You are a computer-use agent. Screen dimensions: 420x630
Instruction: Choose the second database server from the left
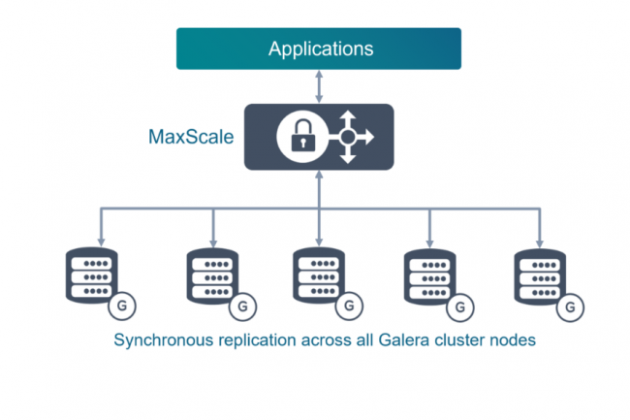click(211, 278)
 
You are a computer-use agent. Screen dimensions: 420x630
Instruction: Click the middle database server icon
click(318, 278)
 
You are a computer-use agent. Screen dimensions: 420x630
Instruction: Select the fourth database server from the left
click(429, 278)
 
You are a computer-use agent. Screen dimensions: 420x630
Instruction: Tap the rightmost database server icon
click(540, 278)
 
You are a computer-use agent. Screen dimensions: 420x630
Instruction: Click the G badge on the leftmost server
click(122, 307)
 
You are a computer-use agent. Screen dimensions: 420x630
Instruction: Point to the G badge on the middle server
click(349, 307)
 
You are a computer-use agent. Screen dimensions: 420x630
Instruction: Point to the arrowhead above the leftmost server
click(100, 240)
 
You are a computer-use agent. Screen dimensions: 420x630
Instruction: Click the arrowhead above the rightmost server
click(540, 240)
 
